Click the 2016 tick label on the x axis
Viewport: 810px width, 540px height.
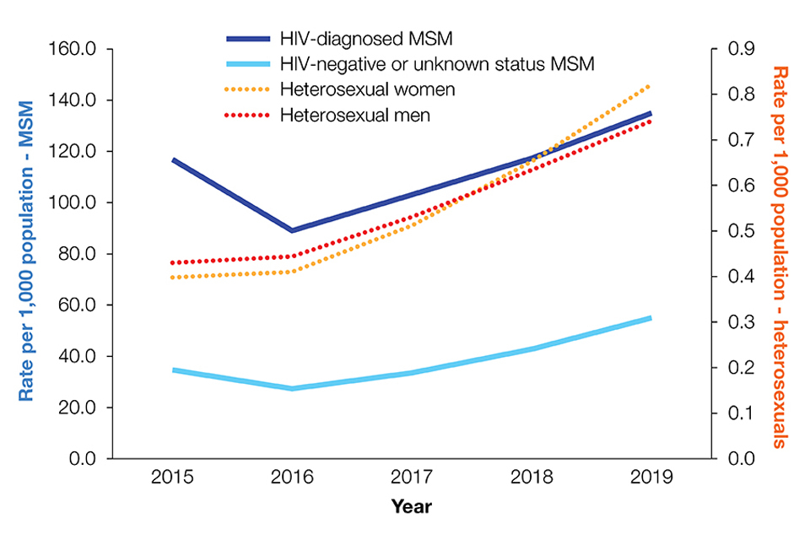click(x=292, y=478)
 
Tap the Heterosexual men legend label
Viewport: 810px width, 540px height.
click(x=354, y=115)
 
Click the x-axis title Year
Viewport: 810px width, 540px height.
click(x=411, y=507)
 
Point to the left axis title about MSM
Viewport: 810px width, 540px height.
click(x=27, y=254)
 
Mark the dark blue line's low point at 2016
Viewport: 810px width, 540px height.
click(x=292, y=230)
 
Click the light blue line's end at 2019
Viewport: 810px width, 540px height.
click(x=651, y=318)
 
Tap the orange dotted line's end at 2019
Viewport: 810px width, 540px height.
click(x=651, y=85)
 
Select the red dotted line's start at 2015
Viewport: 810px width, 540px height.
click(x=172, y=263)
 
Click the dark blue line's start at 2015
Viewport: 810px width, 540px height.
click(x=172, y=159)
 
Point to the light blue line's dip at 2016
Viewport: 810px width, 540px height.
click(x=292, y=388)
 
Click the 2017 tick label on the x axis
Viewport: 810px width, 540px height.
click(x=411, y=478)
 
